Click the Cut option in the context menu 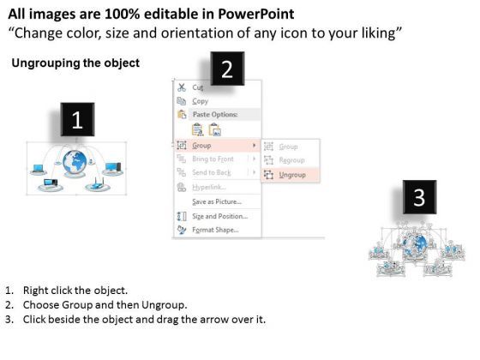point(197,87)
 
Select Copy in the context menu point(200,101)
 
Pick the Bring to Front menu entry point(213,159)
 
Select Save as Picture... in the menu point(216,201)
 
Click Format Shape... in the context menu point(215,229)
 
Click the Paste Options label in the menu point(214,114)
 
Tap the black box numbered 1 point(77,121)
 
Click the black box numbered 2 point(226,69)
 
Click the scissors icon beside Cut point(181,87)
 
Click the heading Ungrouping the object point(75,64)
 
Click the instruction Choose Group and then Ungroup point(105,305)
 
